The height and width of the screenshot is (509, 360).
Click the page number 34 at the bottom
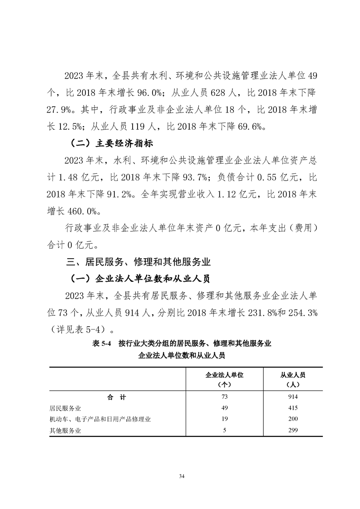point(182,476)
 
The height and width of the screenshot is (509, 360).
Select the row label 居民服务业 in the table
point(65,408)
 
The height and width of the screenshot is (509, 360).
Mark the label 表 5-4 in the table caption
point(102,343)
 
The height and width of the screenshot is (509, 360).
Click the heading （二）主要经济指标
point(112,145)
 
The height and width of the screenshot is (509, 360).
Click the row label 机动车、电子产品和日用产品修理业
point(100,419)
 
